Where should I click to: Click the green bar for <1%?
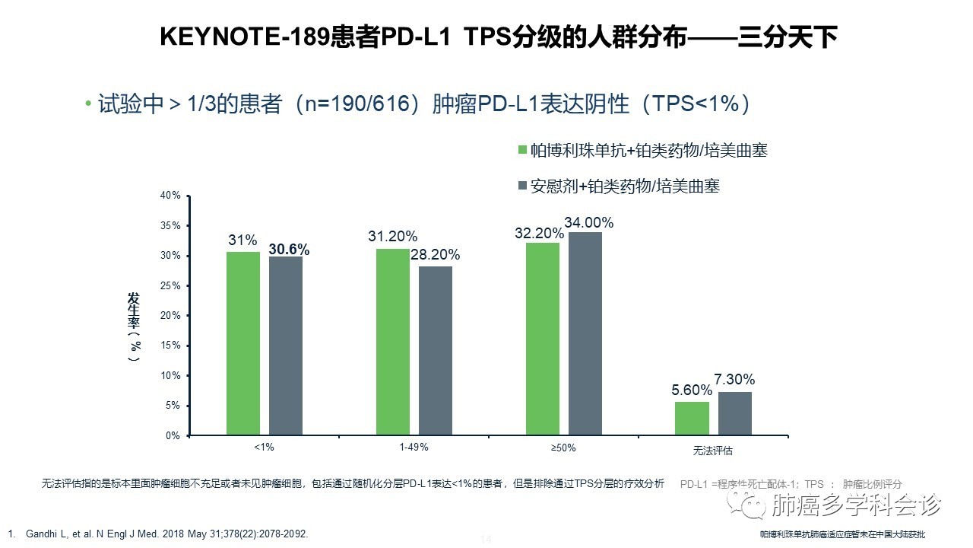tap(242, 343)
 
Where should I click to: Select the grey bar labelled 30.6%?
tap(285, 346)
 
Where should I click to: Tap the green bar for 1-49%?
tap(392, 342)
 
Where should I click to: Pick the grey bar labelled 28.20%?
tap(435, 351)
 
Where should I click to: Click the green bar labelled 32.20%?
tap(542, 339)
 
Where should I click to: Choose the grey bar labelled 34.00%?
tap(585, 333)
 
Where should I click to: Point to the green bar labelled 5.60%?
tap(692, 419)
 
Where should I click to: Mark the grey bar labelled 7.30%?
tap(734, 413)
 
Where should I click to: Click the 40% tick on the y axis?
tap(171, 196)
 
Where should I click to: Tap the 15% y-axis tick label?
tap(171, 346)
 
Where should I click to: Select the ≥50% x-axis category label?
tap(563, 448)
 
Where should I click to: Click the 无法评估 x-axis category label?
tap(713, 450)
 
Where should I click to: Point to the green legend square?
tap(522, 150)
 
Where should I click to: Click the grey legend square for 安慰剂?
tap(522, 186)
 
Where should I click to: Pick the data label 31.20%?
tap(392, 237)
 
